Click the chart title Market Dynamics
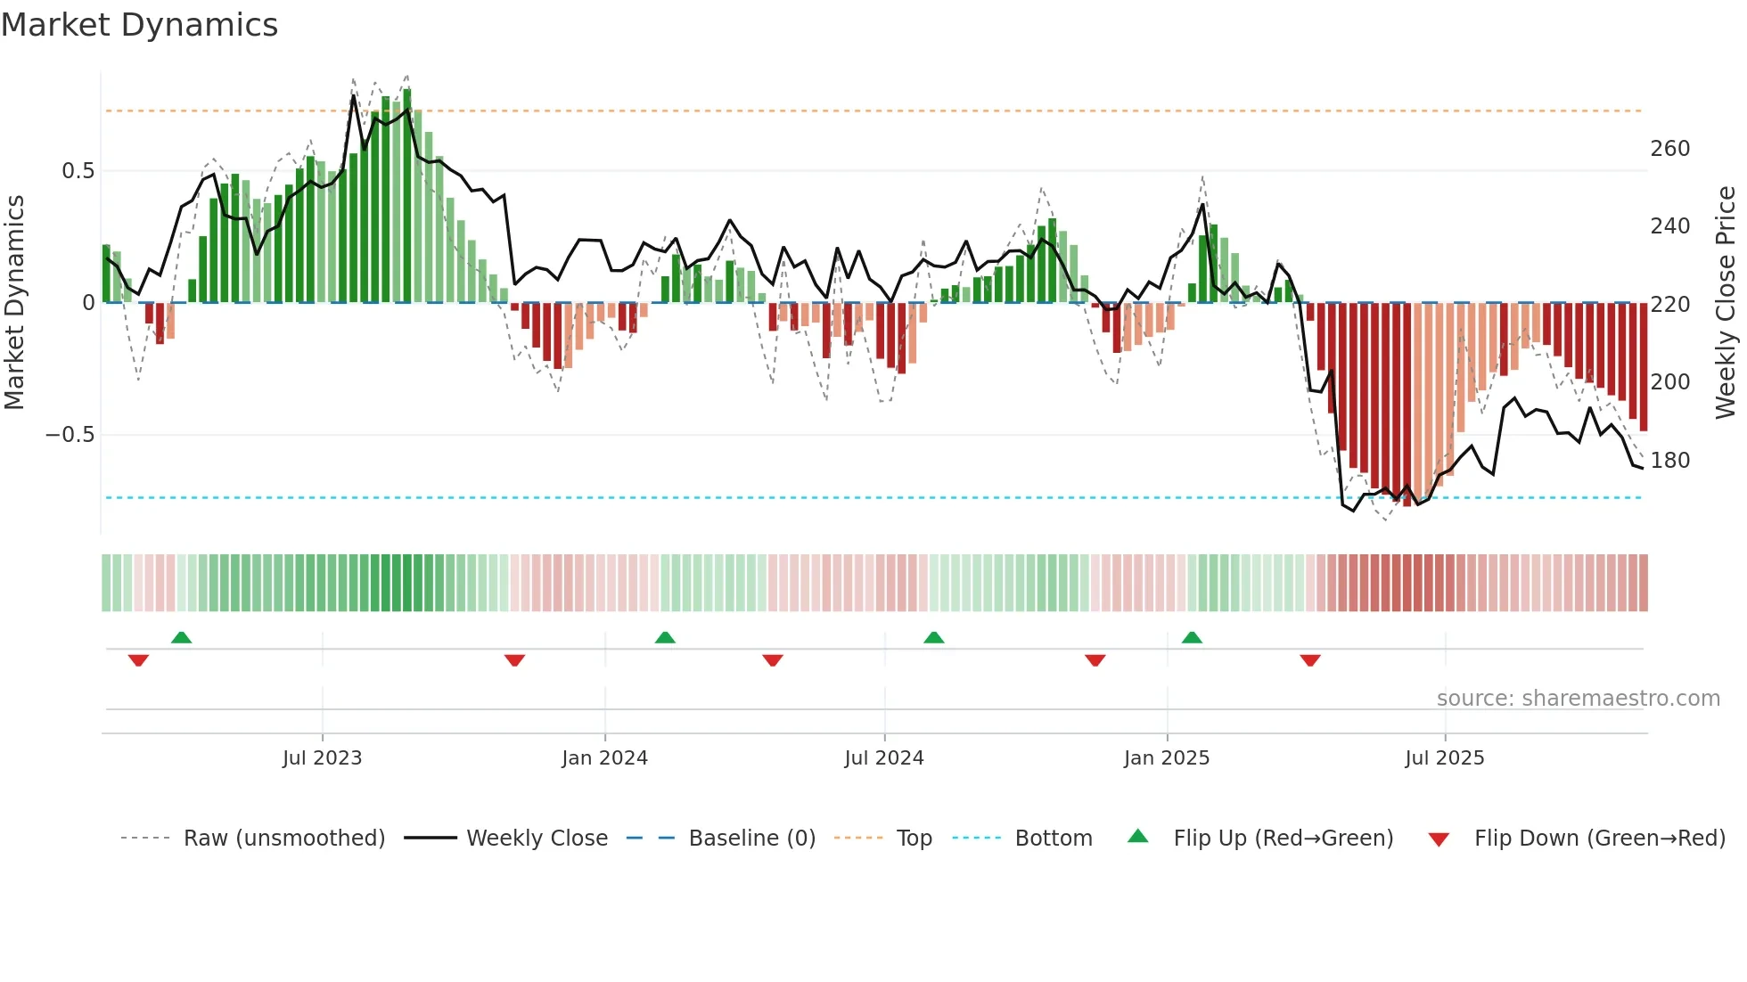click(x=140, y=25)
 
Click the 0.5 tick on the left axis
click(x=78, y=171)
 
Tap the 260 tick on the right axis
click(x=1669, y=149)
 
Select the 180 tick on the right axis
click(x=1669, y=461)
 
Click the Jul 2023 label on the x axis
click(x=322, y=758)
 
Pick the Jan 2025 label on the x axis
click(x=1166, y=758)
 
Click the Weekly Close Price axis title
click(x=1726, y=303)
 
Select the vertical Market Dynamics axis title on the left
click(x=15, y=303)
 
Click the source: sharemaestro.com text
click(x=1578, y=699)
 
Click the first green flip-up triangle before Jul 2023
click(x=181, y=637)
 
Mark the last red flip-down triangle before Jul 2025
click(x=1309, y=660)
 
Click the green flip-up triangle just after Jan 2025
click(x=1192, y=637)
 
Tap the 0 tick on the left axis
click(x=88, y=303)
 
